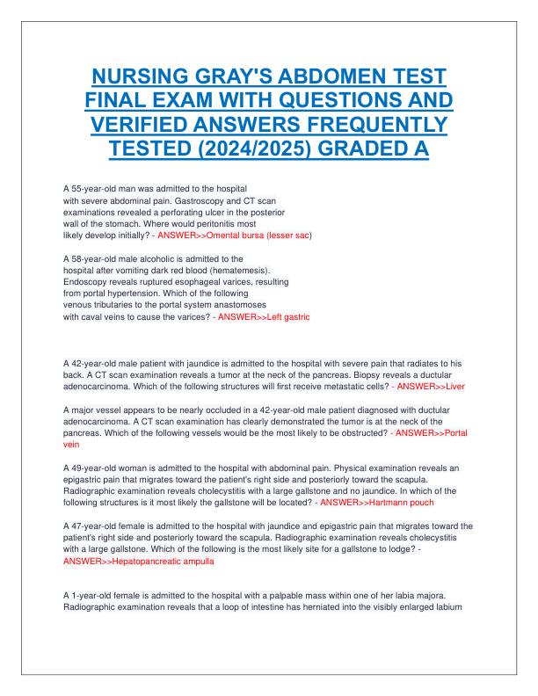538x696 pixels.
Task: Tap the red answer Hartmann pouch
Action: tap(376, 502)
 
